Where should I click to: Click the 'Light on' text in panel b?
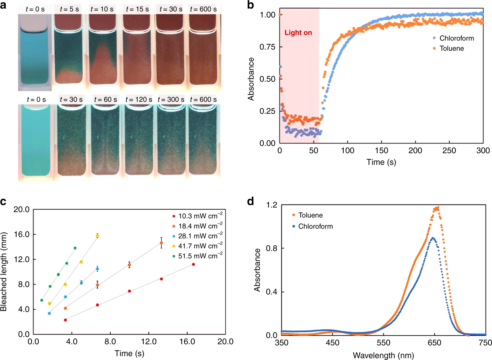tap(298, 33)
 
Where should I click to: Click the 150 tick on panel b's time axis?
tap(382, 151)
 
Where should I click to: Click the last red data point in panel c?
tap(193, 264)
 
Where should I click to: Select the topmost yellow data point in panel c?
tap(97, 236)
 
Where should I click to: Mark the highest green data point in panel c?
tap(75, 248)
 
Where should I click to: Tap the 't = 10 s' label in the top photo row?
tap(102, 9)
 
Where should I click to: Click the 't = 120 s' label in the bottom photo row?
tap(138, 100)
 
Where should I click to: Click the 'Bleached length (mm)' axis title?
tap(4, 272)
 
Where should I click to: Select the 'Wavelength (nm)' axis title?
tap(383, 355)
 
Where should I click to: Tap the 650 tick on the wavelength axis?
tap(434, 343)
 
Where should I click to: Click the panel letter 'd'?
tap(251, 201)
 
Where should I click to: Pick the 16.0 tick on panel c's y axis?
tap(22, 235)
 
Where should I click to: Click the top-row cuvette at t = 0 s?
tap(34, 56)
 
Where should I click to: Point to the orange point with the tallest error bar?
tap(161, 243)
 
